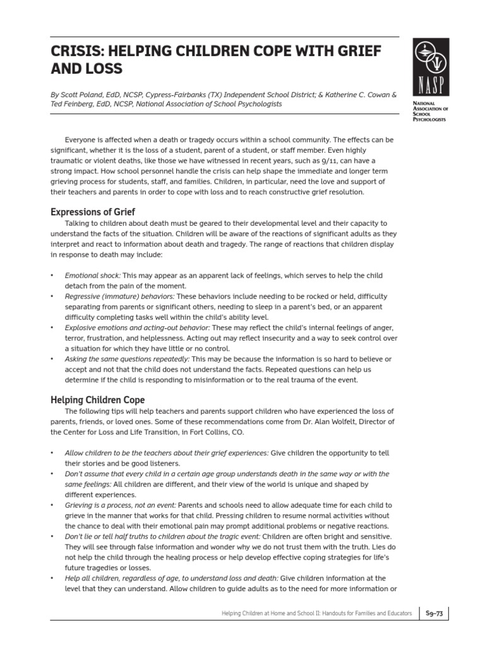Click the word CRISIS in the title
pos(73,51)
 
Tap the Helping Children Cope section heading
pos(97,400)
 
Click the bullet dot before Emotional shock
pos(51,276)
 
